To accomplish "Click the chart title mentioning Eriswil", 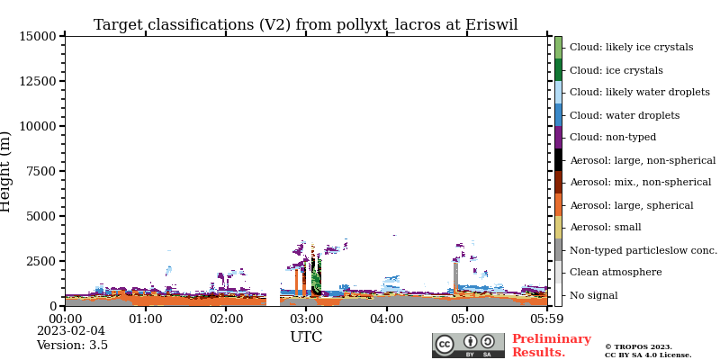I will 305,25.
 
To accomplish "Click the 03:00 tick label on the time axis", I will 306,319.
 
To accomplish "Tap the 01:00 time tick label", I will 146,319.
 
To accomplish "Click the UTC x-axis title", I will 306,337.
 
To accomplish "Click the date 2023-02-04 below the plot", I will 71,331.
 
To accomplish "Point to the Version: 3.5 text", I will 72,346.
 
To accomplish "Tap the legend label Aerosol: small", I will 605,228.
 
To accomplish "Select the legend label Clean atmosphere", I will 616,273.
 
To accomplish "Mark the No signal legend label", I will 593,295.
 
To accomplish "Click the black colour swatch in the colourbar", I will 558,159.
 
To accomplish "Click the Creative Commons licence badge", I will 468,346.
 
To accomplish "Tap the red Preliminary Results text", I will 551,346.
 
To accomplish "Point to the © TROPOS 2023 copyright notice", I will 638,346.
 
